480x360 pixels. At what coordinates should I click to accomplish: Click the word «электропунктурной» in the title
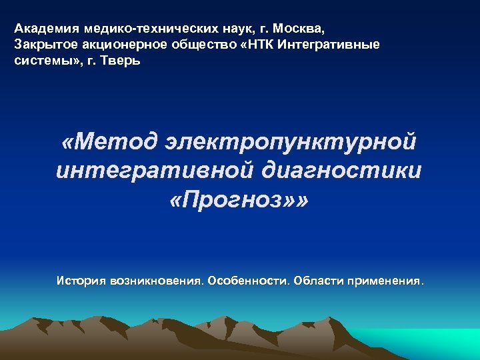pyautogui.click(x=294, y=141)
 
